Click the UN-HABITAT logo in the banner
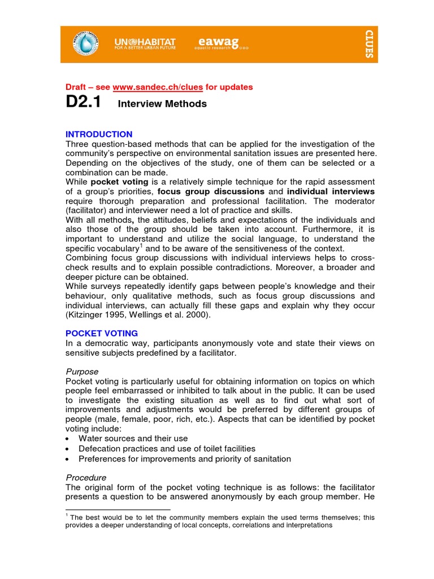coord(145,44)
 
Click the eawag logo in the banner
coord(216,43)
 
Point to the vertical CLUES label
coord(368,45)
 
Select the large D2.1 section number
coord(84,103)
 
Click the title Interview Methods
coord(162,104)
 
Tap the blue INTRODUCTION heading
coord(99,135)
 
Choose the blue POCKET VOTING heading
coord(102,334)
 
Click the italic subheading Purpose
coord(82,371)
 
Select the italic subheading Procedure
coord(85,477)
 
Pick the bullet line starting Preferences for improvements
coord(185,459)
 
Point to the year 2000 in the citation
coord(198,315)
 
